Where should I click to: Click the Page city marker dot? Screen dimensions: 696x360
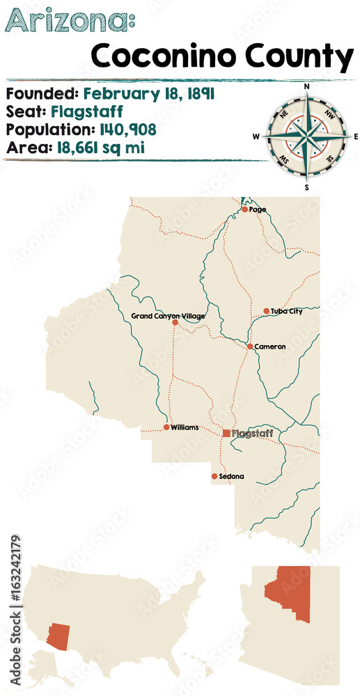point(244,209)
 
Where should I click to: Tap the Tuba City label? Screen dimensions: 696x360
point(287,311)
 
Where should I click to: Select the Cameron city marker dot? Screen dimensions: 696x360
point(250,346)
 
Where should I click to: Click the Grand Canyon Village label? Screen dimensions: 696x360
point(168,316)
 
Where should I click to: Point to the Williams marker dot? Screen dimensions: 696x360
point(166,427)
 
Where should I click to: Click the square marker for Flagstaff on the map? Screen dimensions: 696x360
point(226,433)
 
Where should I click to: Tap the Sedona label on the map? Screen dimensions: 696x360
point(231,477)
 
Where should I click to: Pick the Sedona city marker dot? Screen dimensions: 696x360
point(214,477)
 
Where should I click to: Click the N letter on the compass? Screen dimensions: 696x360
point(306,87)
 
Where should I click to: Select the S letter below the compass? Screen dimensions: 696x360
point(306,187)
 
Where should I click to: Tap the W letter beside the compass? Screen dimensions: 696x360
point(256,137)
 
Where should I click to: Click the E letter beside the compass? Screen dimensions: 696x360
point(355,137)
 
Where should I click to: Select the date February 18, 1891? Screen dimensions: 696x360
point(148,93)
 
